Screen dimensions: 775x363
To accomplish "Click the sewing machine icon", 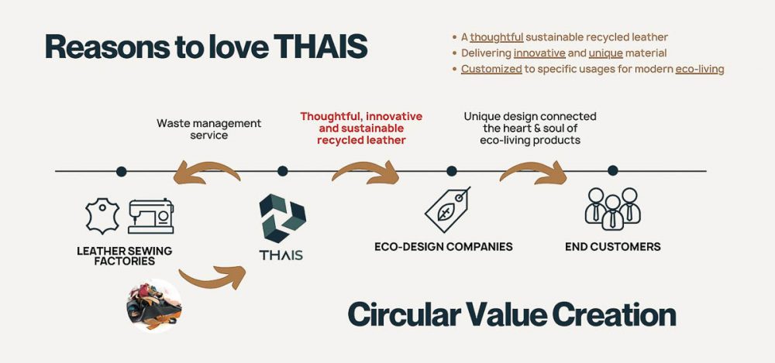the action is click(151, 216).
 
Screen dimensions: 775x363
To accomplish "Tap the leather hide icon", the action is click(102, 216).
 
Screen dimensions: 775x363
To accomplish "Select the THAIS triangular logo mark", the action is click(282, 218).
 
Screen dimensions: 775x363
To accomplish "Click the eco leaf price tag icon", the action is click(447, 210).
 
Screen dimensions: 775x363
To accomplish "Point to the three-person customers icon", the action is click(613, 209).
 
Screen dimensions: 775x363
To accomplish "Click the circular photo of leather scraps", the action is click(153, 305).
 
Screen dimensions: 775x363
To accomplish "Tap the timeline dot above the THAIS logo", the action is click(283, 171).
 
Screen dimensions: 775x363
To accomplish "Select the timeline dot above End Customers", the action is click(613, 170).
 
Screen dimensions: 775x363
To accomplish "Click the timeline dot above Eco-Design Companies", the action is click(451, 171).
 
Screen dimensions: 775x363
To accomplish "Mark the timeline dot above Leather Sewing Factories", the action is click(121, 171).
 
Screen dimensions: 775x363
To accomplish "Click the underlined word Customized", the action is click(491, 69).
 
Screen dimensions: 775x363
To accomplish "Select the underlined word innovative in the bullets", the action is click(539, 53).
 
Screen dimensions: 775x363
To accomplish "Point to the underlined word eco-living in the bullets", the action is click(700, 69).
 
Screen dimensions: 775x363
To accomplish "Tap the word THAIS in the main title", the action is click(320, 47).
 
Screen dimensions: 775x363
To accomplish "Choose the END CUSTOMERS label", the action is click(613, 246).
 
